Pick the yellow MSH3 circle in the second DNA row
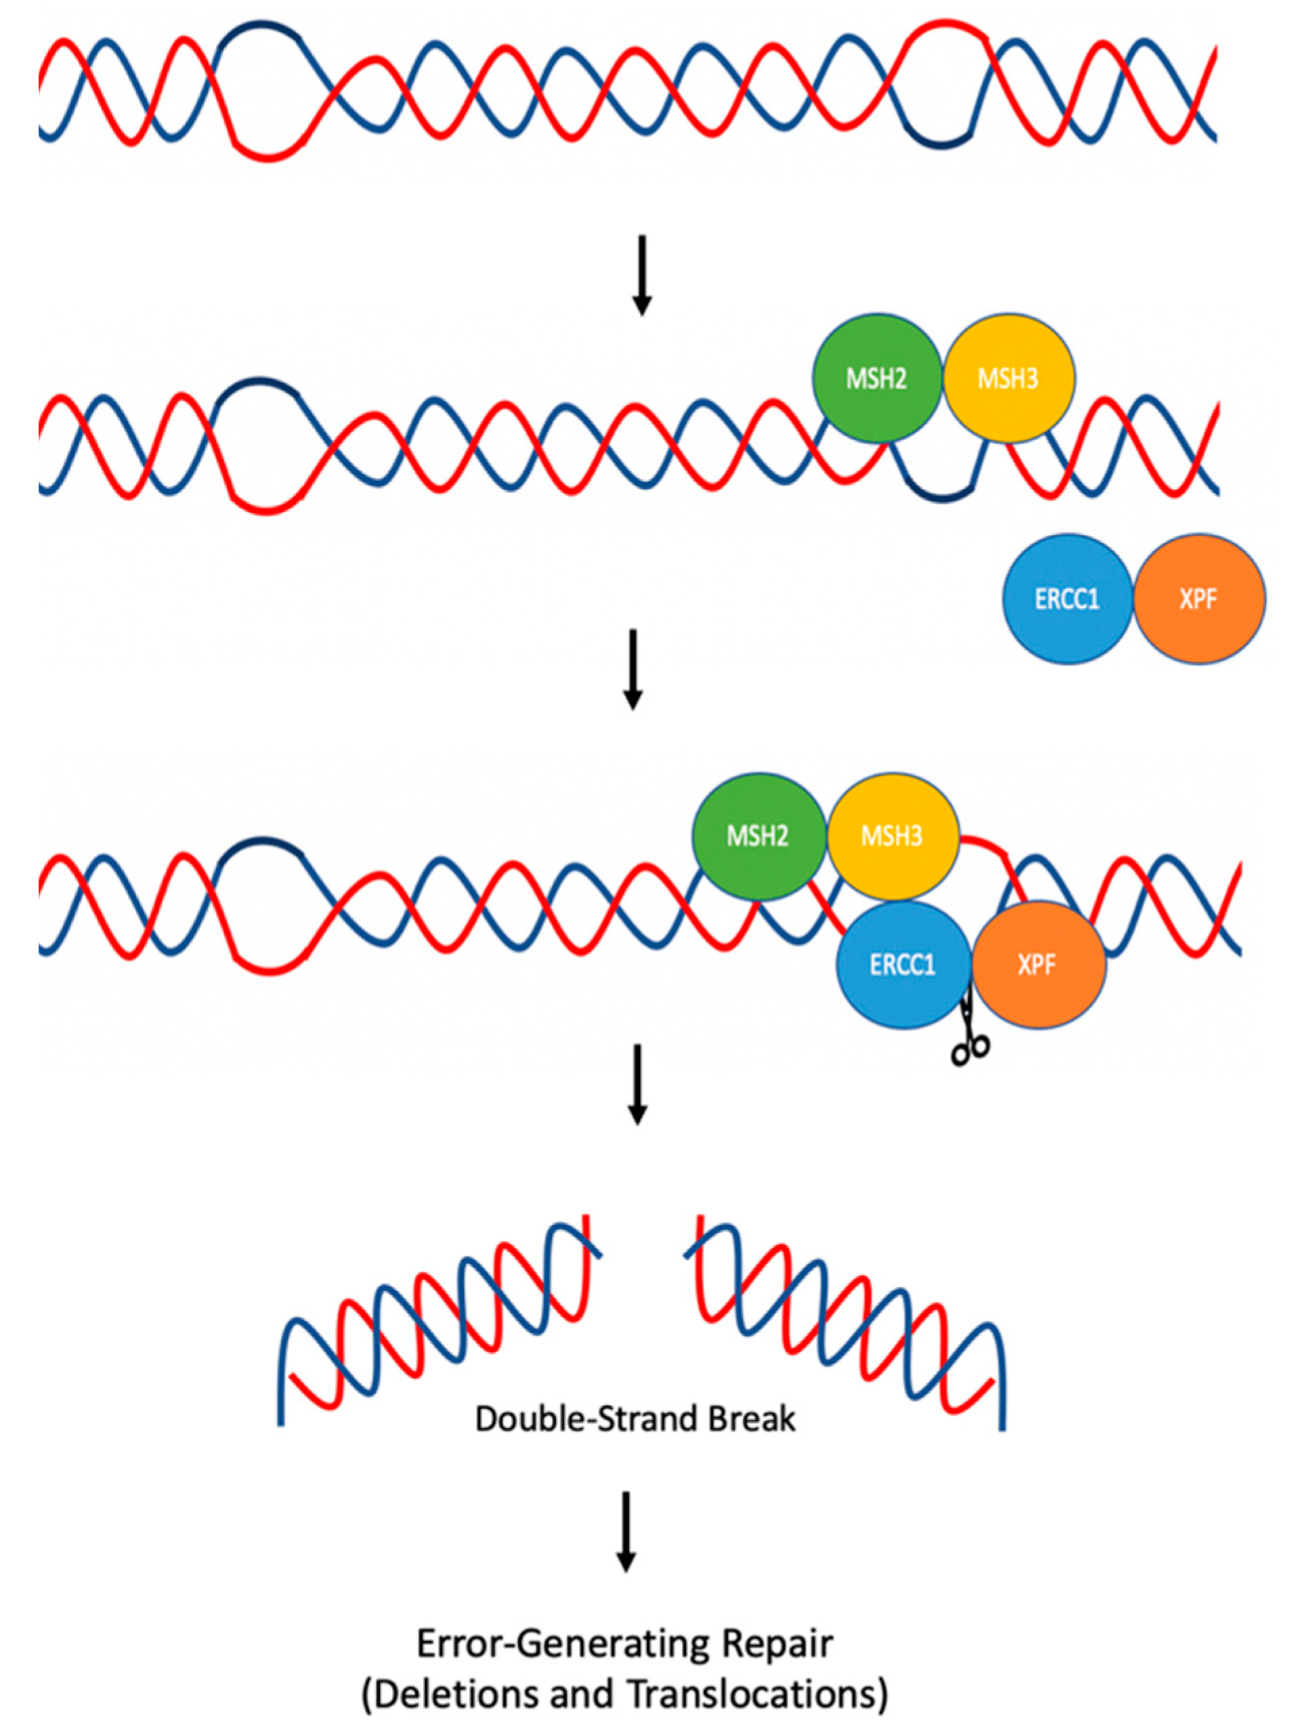tap(1008, 379)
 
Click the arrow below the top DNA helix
tap(642, 275)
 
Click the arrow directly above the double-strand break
tap(637, 1083)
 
